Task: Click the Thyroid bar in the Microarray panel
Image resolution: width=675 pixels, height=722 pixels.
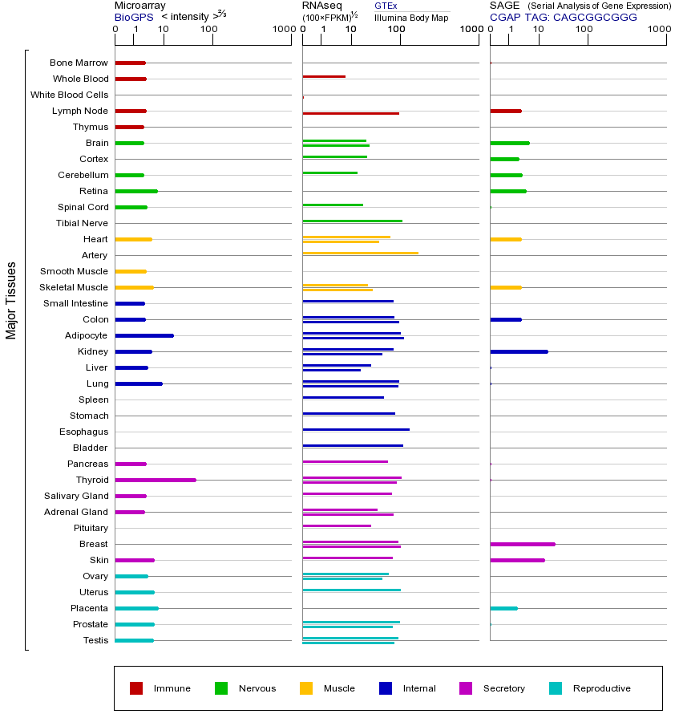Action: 156,480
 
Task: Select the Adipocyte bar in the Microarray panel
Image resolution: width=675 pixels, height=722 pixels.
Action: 144,335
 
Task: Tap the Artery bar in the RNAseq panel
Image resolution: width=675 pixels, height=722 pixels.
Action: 360,253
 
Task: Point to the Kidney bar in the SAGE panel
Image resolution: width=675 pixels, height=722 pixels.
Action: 519,351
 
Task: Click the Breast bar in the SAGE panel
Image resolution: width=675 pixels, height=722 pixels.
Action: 522,544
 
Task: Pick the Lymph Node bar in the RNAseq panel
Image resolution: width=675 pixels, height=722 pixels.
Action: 350,113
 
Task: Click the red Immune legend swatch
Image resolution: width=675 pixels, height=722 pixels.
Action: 136,688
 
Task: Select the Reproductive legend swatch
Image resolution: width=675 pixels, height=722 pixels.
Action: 556,688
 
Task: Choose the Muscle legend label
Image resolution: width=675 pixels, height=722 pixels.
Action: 339,688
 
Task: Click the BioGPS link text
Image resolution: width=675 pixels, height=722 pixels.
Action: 133,17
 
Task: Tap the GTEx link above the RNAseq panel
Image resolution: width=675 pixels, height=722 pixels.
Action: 386,6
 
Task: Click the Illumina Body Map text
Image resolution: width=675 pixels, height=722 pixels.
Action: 411,17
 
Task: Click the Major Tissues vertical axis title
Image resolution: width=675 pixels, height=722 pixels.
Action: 11,300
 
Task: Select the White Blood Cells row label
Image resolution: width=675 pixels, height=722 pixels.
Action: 69,95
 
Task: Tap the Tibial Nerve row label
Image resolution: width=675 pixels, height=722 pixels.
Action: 82,223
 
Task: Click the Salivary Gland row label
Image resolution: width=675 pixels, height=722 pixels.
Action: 76,496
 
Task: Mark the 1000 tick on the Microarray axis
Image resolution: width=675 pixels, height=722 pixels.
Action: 283,30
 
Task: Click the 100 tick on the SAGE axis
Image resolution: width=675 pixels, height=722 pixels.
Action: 584,30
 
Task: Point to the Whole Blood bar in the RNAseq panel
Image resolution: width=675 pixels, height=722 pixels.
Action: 324,76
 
